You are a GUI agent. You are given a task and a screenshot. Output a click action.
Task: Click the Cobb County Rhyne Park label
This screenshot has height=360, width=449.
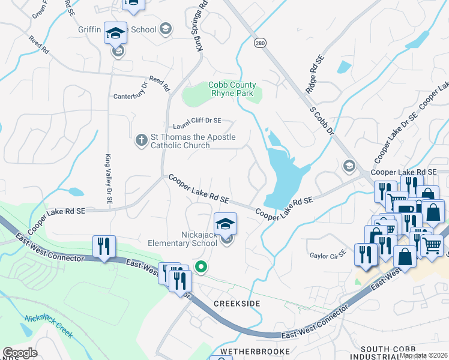point(232,89)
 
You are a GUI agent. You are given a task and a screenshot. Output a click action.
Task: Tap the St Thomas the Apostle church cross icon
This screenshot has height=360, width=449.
point(141,140)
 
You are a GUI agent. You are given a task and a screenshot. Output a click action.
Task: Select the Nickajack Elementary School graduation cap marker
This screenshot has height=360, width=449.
point(226,224)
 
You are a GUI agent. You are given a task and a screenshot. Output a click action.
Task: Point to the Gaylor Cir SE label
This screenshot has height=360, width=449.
point(328,255)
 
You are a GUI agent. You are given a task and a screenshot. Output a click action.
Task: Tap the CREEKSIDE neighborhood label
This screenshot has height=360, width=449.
point(237,304)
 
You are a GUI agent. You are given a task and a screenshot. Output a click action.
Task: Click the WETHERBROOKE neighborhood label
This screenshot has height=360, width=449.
point(251,350)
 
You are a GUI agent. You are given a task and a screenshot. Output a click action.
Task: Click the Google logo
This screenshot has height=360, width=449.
point(20,353)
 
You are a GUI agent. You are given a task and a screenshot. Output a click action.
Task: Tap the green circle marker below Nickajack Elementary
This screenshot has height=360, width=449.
point(202,267)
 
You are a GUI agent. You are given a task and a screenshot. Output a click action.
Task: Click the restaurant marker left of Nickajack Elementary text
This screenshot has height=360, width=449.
point(104,247)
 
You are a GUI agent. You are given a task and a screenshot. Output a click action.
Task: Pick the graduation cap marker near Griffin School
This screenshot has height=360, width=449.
point(115,34)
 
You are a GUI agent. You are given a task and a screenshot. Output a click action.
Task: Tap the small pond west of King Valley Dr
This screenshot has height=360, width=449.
point(76,193)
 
